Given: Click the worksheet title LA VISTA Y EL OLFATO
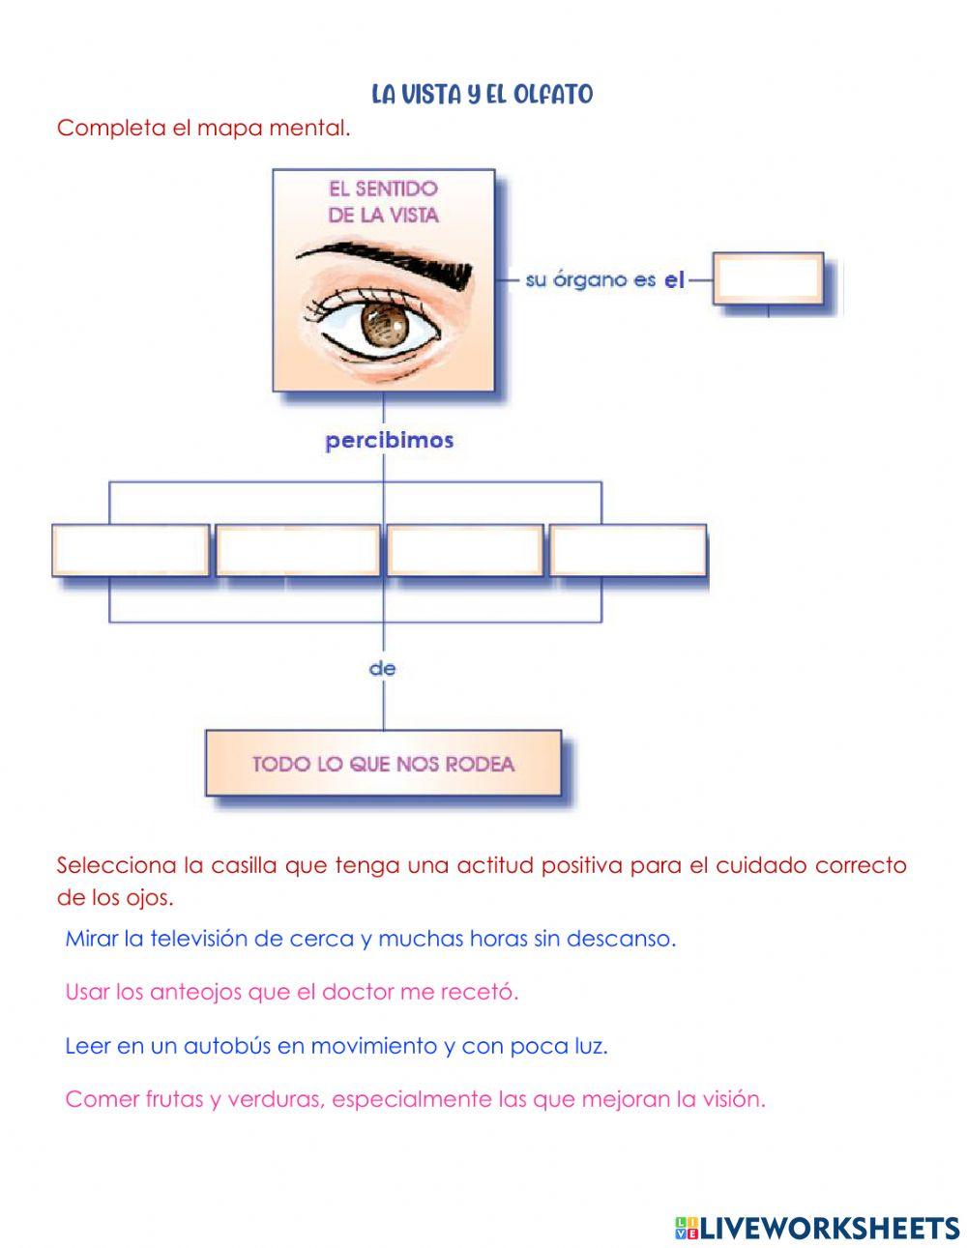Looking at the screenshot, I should pyautogui.click(x=482, y=95).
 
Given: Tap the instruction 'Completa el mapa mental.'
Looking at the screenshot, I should pyautogui.click(x=203, y=128).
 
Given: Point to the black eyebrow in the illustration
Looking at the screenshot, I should pyautogui.click(x=387, y=261).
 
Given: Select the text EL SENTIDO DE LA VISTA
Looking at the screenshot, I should pyautogui.click(x=383, y=201).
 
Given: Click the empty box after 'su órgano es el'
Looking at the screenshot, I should pyautogui.click(x=768, y=278).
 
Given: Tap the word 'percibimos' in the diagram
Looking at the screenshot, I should pyautogui.click(x=389, y=441).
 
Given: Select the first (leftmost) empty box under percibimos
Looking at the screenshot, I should pyautogui.click(x=131, y=550).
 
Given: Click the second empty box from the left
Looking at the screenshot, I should pyautogui.click(x=297, y=550).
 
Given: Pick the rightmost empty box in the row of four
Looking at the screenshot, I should pyautogui.click(x=628, y=550).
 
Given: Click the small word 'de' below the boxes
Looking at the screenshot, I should pyautogui.click(x=383, y=668).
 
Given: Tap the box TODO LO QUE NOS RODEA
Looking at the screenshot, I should pyautogui.click(x=383, y=764).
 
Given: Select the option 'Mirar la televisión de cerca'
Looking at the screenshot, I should pyautogui.click(x=370, y=939).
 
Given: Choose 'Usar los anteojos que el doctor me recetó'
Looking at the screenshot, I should pyautogui.click(x=291, y=992).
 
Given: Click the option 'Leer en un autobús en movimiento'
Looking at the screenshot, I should pyautogui.click(x=336, y=1046).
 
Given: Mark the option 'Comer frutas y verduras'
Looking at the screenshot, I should pyautogui.click(x=415, y=1099).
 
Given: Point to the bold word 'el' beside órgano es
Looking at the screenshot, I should pyautogui.click(x=674, y=280).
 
